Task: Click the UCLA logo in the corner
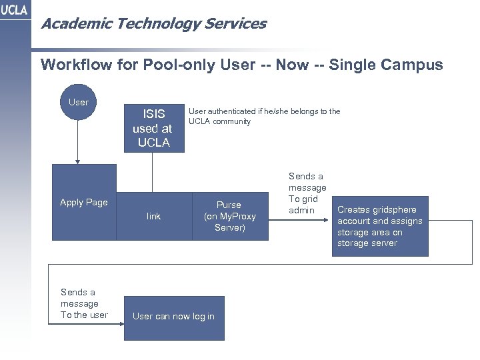14,12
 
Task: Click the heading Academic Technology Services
153,24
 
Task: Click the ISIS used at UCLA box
153,127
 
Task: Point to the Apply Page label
83,202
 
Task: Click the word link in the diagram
153,216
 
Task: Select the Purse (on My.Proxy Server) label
229,217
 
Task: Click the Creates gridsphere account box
380,227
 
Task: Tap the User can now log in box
173,316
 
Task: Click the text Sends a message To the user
84,303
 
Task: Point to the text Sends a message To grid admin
307,193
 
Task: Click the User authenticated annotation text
265,117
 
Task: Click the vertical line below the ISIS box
153,173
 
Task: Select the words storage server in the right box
367,243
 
